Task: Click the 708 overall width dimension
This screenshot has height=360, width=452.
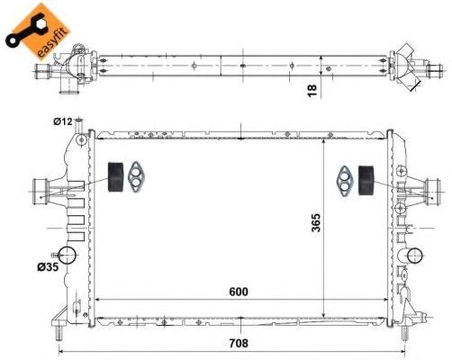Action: click(x=239, y=343)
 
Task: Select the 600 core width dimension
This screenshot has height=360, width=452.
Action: click(x=239, y=292)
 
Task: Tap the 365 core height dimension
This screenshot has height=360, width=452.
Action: click(x=316, y=222)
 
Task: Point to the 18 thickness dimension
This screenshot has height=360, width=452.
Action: click(x=312, y=91)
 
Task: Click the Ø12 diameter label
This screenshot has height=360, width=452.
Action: click(x=63, y=121)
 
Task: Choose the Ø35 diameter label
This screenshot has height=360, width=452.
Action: click(x=48, y=266)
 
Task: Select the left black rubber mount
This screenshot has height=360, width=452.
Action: click(x=115, y=177)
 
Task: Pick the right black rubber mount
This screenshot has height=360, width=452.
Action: click(x=366, y=180)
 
